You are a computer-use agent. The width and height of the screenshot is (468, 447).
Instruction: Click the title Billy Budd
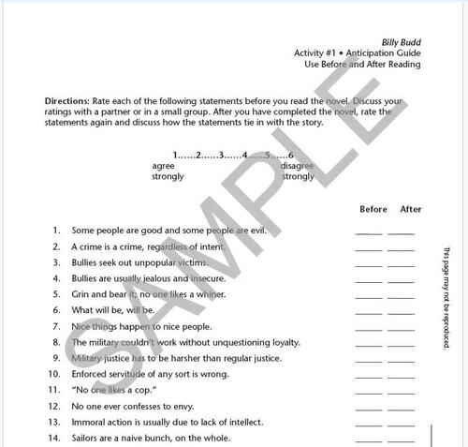[400, 43]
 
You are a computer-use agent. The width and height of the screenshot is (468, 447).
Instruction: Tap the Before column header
[372, 209]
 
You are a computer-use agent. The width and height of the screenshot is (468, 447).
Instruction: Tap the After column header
[410, 209]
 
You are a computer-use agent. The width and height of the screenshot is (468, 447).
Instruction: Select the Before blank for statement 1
[369, 231]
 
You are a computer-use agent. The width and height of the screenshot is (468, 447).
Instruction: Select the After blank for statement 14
[401, 439]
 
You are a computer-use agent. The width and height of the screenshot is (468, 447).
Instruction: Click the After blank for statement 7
[401, 327]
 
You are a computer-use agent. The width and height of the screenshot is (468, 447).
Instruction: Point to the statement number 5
[56, 294]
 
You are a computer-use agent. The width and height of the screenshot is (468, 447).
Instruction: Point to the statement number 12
[54, 406]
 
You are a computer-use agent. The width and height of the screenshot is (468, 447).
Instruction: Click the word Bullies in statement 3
[86, 262]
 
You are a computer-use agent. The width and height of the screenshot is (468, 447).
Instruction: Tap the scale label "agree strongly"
[168, 171]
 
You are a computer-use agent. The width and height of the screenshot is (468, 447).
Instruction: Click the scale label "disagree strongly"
[298, 171]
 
